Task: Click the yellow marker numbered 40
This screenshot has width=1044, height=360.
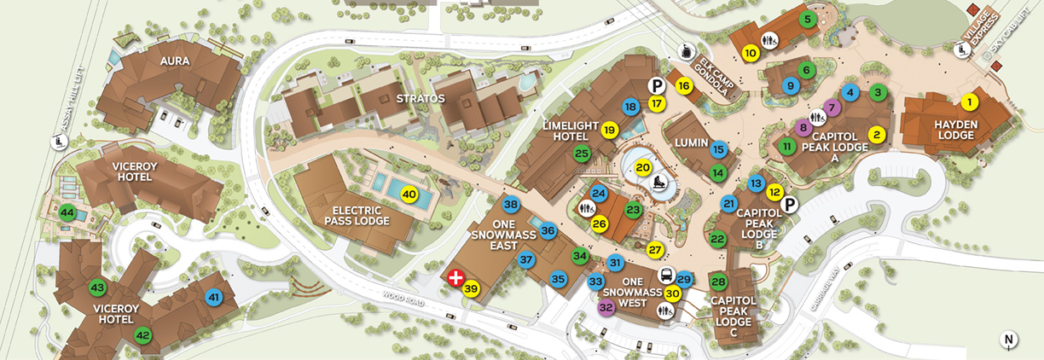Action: click(x=409, y=194)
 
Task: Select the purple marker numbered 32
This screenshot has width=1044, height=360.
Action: click(x=606, y=306)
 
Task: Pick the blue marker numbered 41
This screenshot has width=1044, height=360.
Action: click(x=214, y=297)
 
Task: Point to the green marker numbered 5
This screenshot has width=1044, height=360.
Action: click(x=806, y=18)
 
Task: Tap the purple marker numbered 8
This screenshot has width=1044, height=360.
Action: click(x=802, y=128)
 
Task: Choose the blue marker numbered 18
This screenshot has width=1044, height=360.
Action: click(x=630, y=107)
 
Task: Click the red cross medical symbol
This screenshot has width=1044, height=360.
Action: click(x=456, y=276)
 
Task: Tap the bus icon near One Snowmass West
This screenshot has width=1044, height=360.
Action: click(x=665, y=275)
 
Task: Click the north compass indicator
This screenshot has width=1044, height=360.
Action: click(x=1009, y=340)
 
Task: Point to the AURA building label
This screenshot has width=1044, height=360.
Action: click(x=174, y=61)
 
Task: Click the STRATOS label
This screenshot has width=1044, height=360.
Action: click(x=420, y=98)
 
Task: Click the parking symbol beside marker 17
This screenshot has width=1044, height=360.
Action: click(x=656, y=85)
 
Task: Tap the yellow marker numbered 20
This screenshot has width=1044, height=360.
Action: click(x=643, y=168)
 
